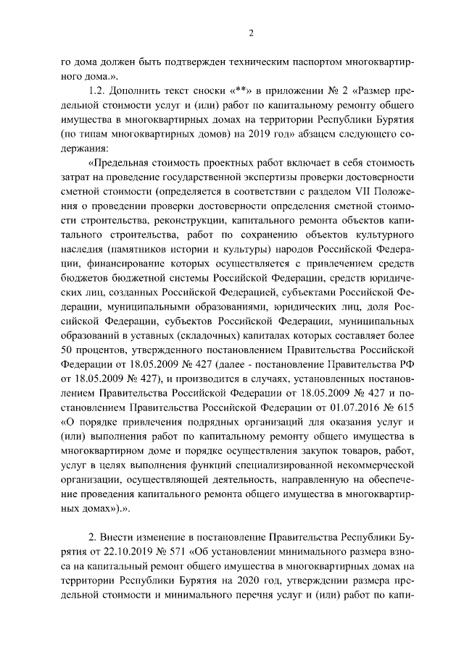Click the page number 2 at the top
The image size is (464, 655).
coord(250,33)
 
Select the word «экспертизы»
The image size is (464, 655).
coord(278,177)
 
